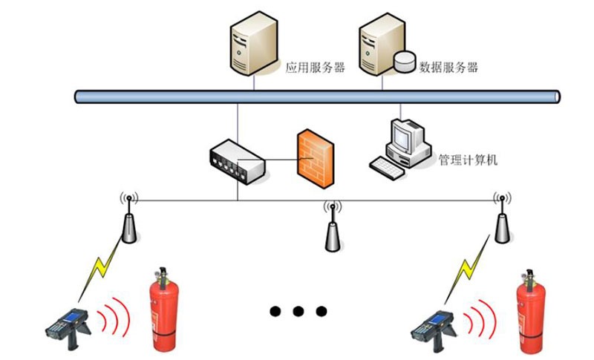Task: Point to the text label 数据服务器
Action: [448, 68]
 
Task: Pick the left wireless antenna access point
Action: [129, 221]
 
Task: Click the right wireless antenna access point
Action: [502, 221]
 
